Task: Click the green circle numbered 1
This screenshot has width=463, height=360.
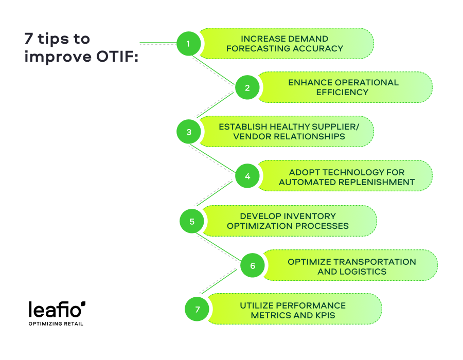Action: tap(188, 44)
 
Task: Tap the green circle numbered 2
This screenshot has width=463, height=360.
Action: tap(247, 87)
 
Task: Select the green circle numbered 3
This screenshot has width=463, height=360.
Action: tap(188, 132)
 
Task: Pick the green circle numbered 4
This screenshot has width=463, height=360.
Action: tap(247, 176)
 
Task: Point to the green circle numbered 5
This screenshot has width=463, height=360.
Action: tap(191, 222)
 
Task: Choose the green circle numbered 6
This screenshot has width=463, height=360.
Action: tap(253, 266)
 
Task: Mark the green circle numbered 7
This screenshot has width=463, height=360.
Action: tap(197, 310)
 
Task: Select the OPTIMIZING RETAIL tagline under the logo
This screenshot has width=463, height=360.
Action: tap(56, 324)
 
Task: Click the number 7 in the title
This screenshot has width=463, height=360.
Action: tap(28, 39)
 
